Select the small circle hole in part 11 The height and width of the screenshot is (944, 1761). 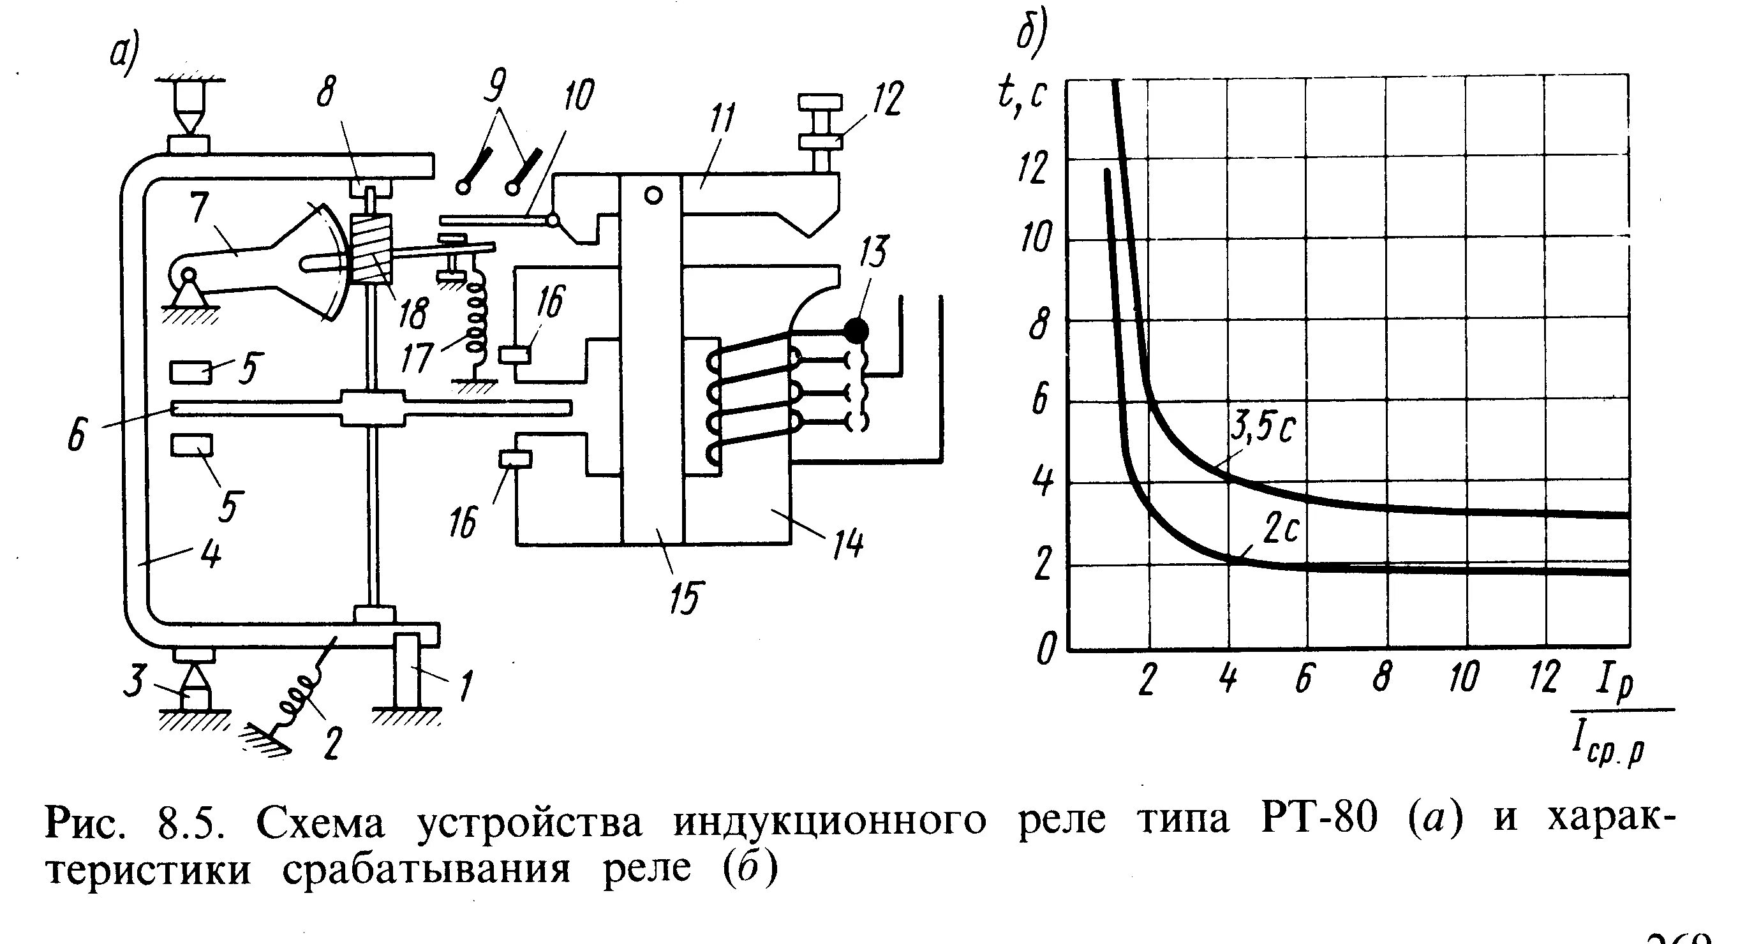coord(653,196)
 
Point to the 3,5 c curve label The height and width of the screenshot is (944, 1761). coord(1263,429)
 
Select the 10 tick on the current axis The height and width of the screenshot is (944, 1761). coord(1464,677)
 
